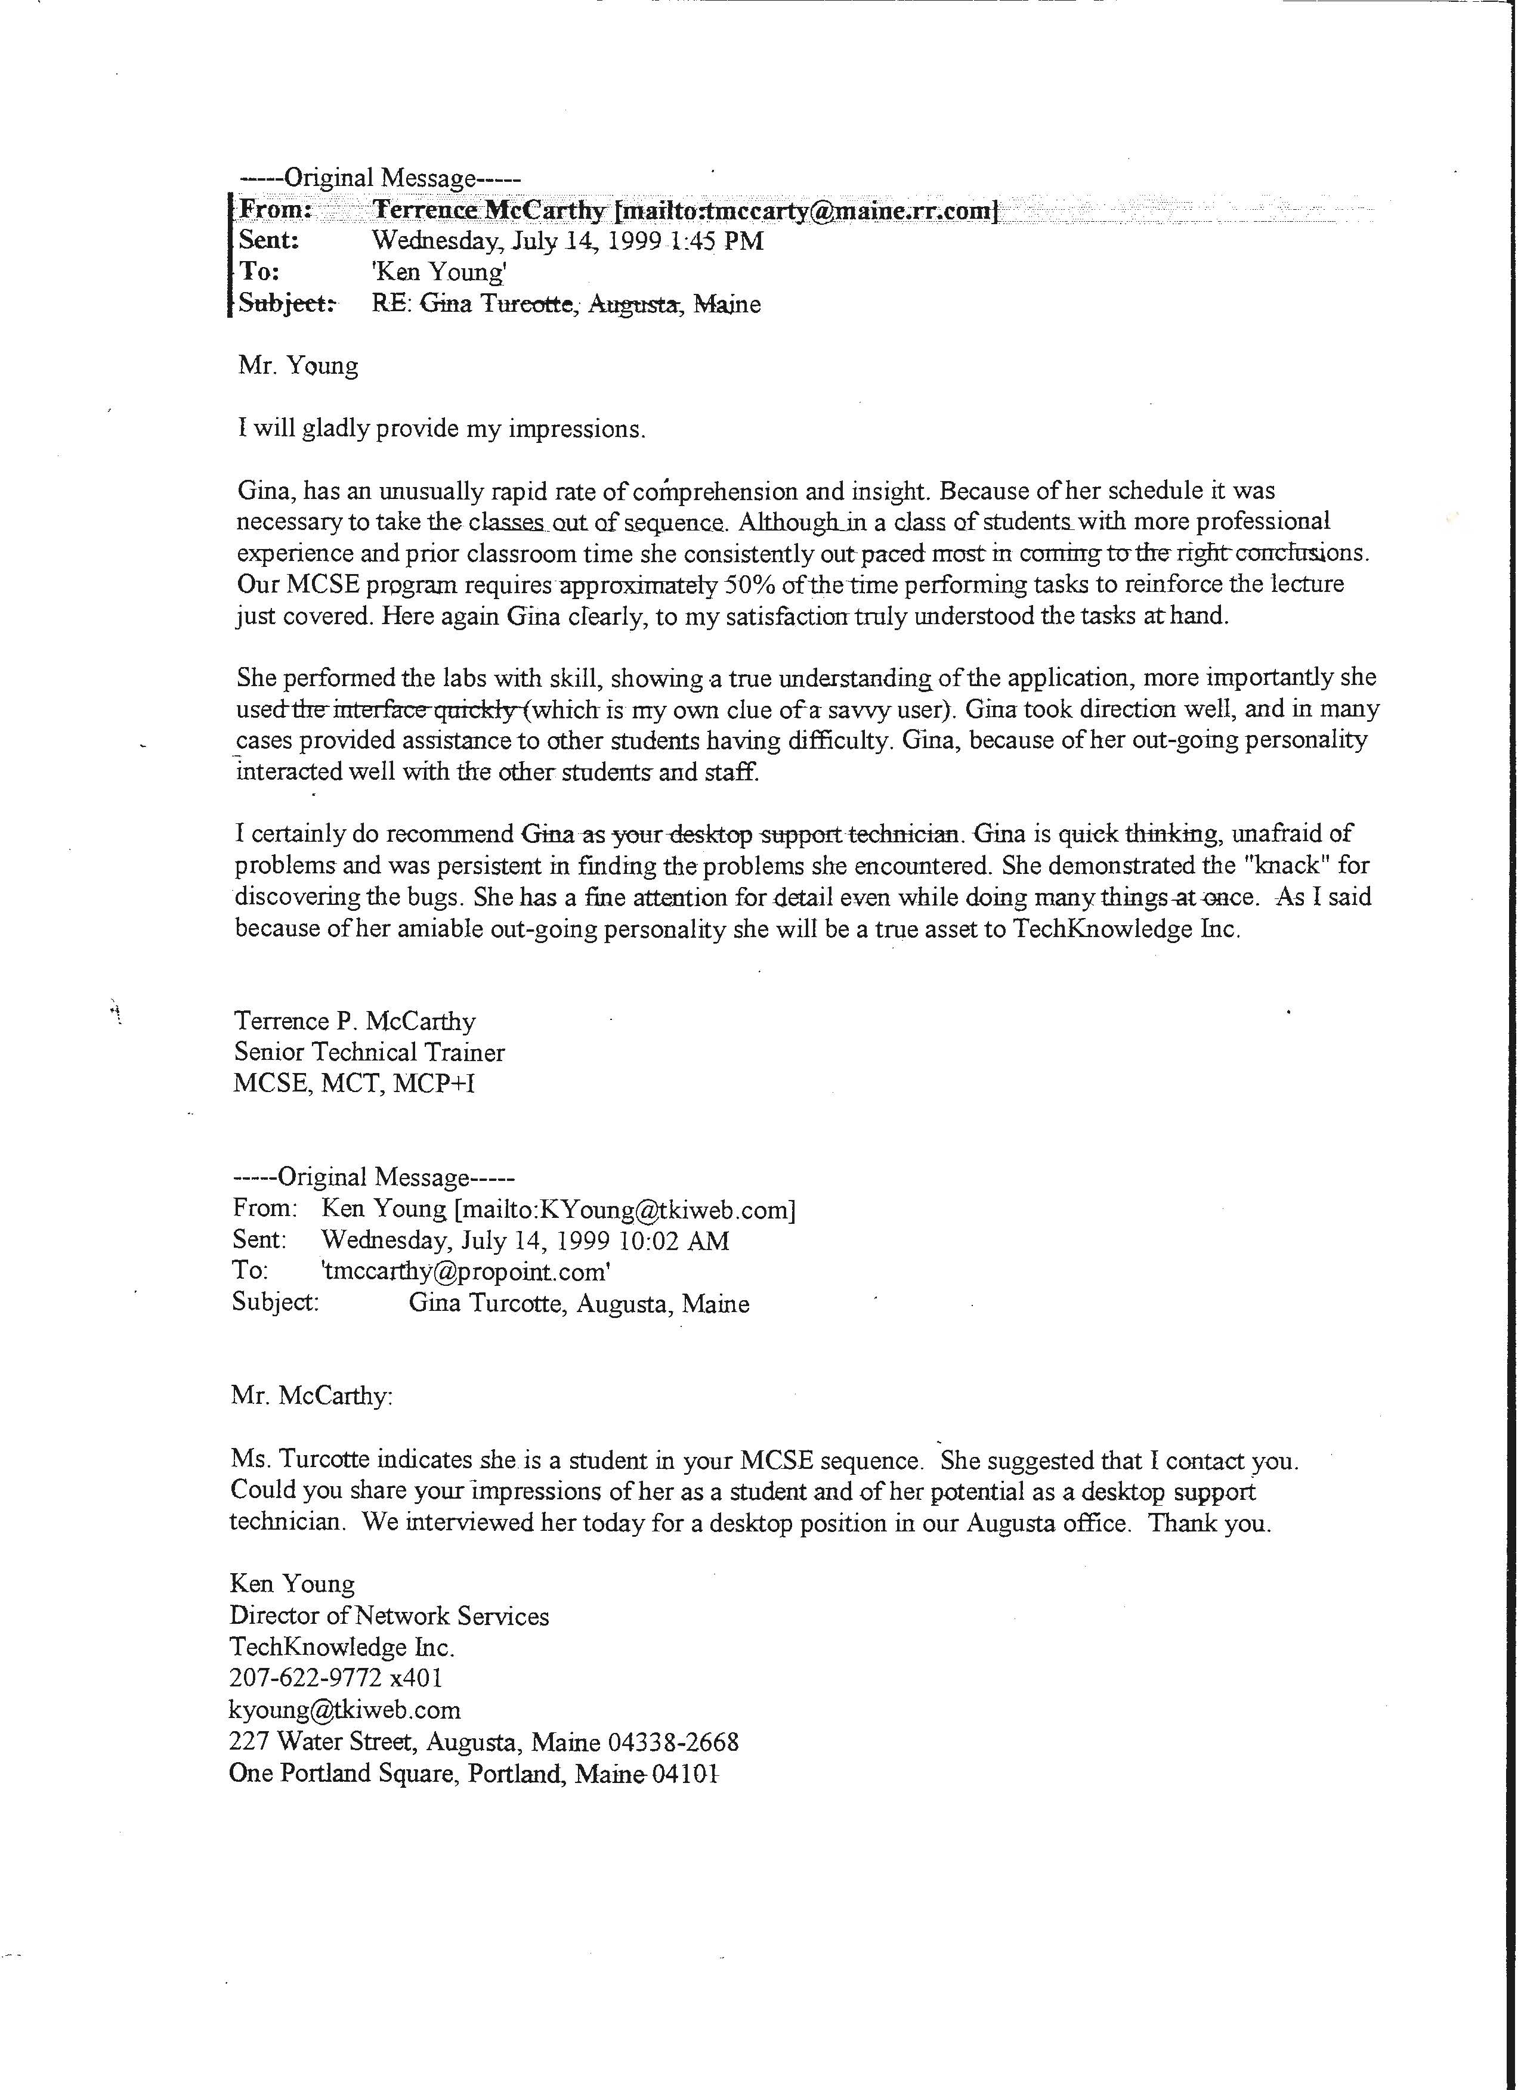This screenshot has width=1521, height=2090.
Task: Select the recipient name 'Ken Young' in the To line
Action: pyautogui.click(x=440, y=273)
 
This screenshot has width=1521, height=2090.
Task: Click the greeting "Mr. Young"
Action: pyautogui.click(x=298, y=366)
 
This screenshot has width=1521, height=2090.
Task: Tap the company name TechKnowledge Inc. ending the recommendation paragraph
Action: pyautogui.click(x=1127, y=928)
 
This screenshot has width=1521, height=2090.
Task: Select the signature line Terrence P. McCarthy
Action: pyautogui.click(x=355, y=1021)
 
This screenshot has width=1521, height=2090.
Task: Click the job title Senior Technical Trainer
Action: pyautogui.click(x=369, y=1052)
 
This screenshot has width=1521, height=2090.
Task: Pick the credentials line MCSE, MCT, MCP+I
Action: pyautogui.click(x=354, y=1084)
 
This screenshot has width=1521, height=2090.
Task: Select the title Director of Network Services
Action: pyautogui.click(x=389, y=1615)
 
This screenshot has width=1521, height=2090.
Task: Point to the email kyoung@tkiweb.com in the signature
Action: pyautogui.click(x=345, y=1710)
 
